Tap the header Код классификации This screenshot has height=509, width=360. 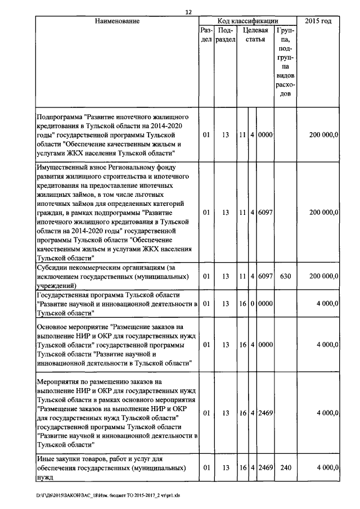247,21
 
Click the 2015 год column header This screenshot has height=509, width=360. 318,21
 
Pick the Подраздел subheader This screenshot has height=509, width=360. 226,37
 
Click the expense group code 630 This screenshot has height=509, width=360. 285,277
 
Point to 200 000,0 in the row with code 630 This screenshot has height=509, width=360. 323,277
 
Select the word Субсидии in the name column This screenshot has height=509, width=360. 53,267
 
